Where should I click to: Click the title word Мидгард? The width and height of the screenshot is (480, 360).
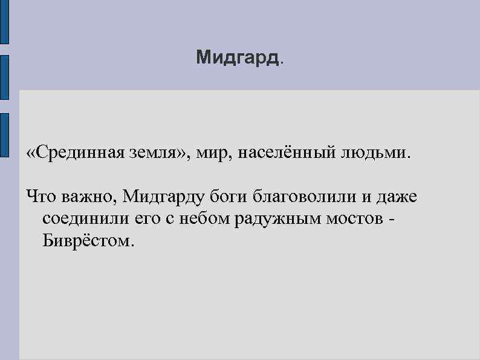239,58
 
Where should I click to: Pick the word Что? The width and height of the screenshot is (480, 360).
41,197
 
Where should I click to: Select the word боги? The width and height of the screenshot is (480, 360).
229,197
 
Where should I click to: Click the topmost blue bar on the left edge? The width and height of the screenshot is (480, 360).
4,22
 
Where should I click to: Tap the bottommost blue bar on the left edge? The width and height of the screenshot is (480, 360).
4,134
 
